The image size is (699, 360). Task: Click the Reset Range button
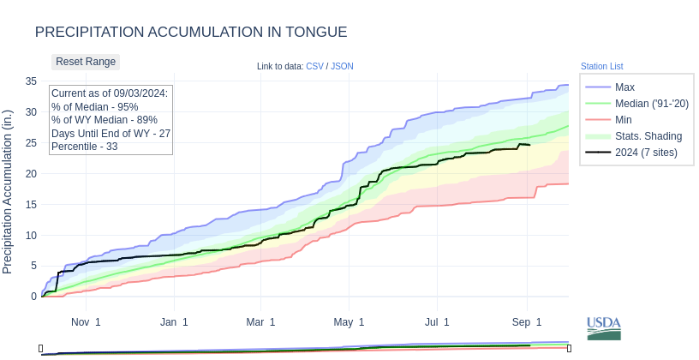(x=86, y=62)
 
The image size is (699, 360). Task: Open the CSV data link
(x=315, y=66)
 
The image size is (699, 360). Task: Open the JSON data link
(x=342, y=66)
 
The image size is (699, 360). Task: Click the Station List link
(x=601, y=66)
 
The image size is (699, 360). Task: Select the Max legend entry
(x=624, y=87)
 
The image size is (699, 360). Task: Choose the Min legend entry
(x=624, y=120)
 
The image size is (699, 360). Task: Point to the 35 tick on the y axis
(x=30, y=81)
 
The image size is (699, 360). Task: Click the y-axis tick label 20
(x=30, y=173)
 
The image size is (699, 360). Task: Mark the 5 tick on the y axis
(x=33, y=266)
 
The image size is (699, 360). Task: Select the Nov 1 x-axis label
(x=86, y=322)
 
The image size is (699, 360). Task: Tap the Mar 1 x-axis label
(x=260, y=322)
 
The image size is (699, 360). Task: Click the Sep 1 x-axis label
(x=527, y=322)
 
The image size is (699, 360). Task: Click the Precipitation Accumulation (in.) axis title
(x=8, y=192)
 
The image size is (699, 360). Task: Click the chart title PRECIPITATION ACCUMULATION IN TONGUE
(x=191, y=32)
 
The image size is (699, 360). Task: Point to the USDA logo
(x=604, y=328)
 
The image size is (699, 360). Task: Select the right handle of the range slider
(x=569, y=348)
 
